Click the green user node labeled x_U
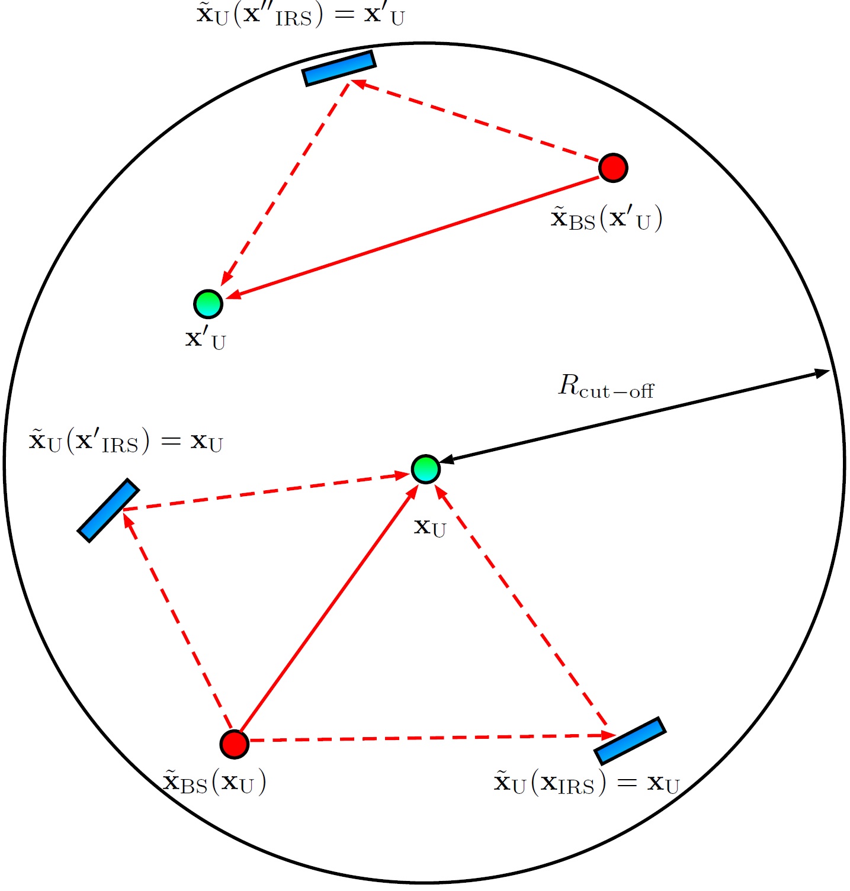tap(425, 469)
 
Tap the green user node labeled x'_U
tap(208, 304)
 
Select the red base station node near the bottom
tap(234, 744)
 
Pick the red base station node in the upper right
tap(612, 168)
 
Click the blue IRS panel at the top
tap(339, 68)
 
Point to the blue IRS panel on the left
tap(108, 510)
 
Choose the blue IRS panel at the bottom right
tap(630, 741)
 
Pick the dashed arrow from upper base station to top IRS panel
tap(474, 121)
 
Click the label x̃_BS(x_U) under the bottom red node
tap(214, 783)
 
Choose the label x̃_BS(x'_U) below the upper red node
tap(606, 219)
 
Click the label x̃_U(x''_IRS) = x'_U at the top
tap(300, 15)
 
